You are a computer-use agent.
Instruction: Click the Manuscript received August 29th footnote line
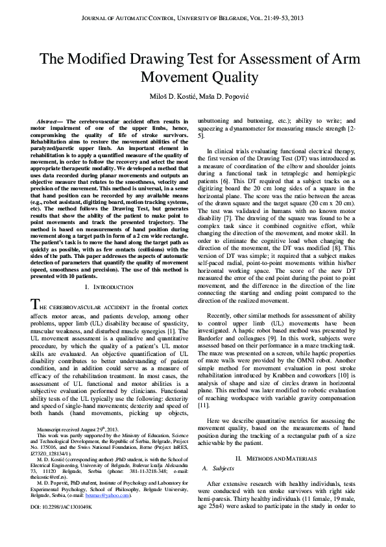click(x=77, y=429)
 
